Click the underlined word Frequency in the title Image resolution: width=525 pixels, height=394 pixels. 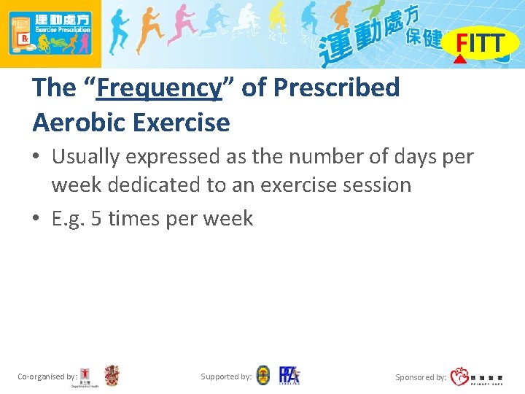pos(159,88)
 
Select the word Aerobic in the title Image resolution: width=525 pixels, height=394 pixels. pos(79,122)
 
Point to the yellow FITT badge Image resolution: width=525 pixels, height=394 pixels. pos(480,44)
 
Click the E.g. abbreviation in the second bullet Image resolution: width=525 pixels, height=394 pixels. pos(69,218)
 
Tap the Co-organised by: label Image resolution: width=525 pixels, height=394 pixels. pos(47,376)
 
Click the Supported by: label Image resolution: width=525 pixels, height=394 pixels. pos(226,376)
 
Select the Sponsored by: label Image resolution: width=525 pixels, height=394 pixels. pos(421,377)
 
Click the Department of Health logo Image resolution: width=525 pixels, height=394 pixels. pos(86,376)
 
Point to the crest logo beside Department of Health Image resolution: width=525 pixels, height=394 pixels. pos(112,376)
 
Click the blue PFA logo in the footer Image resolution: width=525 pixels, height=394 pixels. pos(289,375)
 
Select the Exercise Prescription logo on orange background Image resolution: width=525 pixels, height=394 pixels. pos(50,34)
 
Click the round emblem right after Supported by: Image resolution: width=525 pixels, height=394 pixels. pos(263,376)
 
